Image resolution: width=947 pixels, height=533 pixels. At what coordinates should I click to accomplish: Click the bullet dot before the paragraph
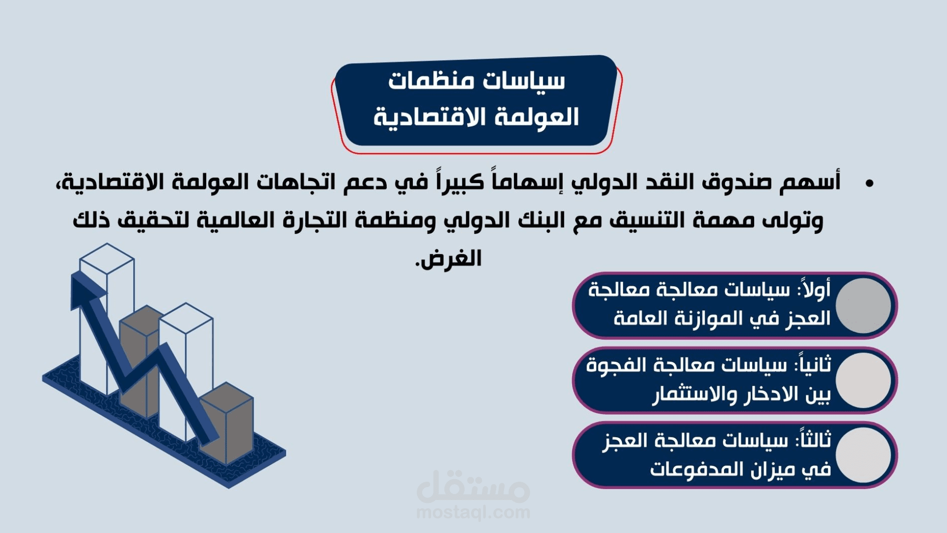coord(869,184)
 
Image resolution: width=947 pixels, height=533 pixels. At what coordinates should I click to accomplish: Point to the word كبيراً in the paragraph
coord(460,183)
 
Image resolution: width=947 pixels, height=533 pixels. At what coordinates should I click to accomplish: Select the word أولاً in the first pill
coord(816,290)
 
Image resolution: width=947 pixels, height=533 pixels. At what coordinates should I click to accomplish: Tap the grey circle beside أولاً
coord(863,305)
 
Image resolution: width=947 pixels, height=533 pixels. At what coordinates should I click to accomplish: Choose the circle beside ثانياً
coord(863,381)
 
